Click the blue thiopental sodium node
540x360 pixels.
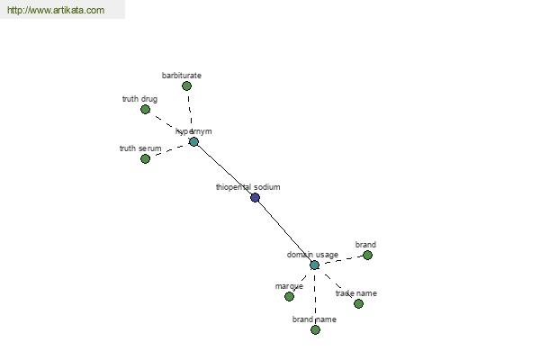[x=255, y=197]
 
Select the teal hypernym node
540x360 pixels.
[x=193, y=141]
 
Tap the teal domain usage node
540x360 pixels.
[x=314, y=265]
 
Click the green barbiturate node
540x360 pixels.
[x=186, y=85]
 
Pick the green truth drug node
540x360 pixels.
[x=145, y=110]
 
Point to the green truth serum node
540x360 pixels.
[x=145, y=158]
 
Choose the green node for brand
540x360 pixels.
[x=367, y=256]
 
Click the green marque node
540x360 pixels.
[x=289, y=296]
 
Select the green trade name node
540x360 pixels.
[x=358, y=303]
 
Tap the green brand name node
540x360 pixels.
[x=315, y=329]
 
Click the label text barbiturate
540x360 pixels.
[x=182, y=76]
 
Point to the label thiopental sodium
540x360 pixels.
[x=248, y=187]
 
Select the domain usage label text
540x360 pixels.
[x=312, y=255]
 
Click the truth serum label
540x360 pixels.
[x=140, y=148]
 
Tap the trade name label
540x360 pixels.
[x=356, y=293]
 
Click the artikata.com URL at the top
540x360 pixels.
[x=56, y=10]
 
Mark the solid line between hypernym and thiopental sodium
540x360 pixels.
[x=224, y=169]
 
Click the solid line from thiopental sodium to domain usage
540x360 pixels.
[x=284, y=231]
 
